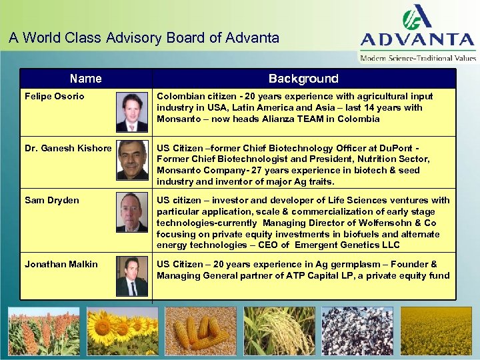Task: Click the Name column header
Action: click(86, 79)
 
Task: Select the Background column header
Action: click(303, 79)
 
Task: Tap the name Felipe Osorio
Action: click(55, 97)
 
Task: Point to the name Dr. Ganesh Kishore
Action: click(68, 148)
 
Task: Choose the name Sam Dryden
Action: click(51, 200)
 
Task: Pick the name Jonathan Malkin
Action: click(61, 264)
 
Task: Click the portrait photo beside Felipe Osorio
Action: click(132, 112)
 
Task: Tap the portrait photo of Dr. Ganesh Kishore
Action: click(132, 161)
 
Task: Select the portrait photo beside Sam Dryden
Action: click(132, 213)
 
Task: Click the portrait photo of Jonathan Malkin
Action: click(132, 277)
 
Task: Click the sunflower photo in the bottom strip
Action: click(122, 331)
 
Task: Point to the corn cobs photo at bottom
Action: click(201, 331)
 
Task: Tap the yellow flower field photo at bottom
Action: click(437, 331)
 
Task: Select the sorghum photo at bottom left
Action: click(43, 331)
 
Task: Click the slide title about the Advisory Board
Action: click(144, 38)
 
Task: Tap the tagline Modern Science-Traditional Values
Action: click(419, 58)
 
